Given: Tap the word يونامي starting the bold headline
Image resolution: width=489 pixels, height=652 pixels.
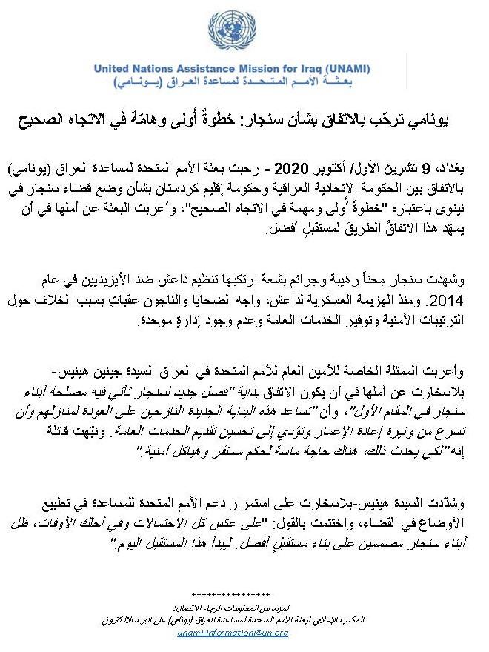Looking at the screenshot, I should pyautogui.click(x=429, y=119).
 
